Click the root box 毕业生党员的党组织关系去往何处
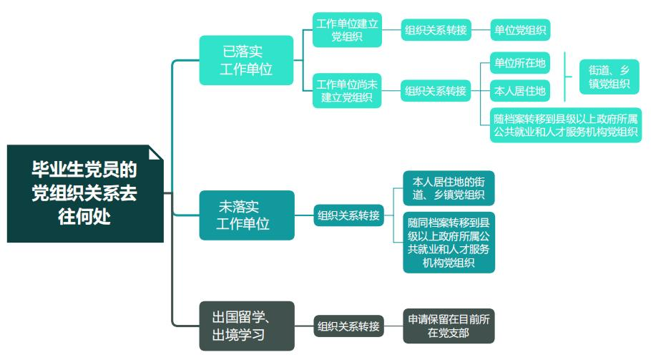pyautogui.click(x=84, y=193)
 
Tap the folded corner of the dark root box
pyautogui.click(x=155, y=153)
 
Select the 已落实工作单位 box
pyautogui.click(x=247, y=60)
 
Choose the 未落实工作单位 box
pyautogui.click(x=247, y=215)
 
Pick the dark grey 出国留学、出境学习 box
pyautogui.click(x=247, y=326)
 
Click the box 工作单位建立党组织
pyautogui.click(x=347, y=30)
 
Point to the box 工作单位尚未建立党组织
pyautogui.click(x=347, y=91)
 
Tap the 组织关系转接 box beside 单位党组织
pyautogui.click(x=436, y=30)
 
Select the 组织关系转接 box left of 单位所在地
pyautogui.click(x=436, y=91)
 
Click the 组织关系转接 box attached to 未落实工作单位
pyautogui.click(x=348, y=215)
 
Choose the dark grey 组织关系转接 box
pyautogui.click(x=348, y=326)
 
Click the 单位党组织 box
pyautogui.click(x=520, y=30)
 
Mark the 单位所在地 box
pyautogui.click(x=520, y=64)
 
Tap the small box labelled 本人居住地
pyautogui.click(x=520, y=91)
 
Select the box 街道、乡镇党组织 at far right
pyautogui.click(x=609, y=77)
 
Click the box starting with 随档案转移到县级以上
pyautogui.click(x=565, y=125)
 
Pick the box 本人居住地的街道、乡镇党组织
pyautogui.click(x=449, y=188)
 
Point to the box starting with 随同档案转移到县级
pyautogui.click(x=449, y=242)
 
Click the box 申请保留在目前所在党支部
pyautogui.click(x=449, y=326)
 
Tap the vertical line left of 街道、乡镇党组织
pyautogui.click(x=565, y=77)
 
